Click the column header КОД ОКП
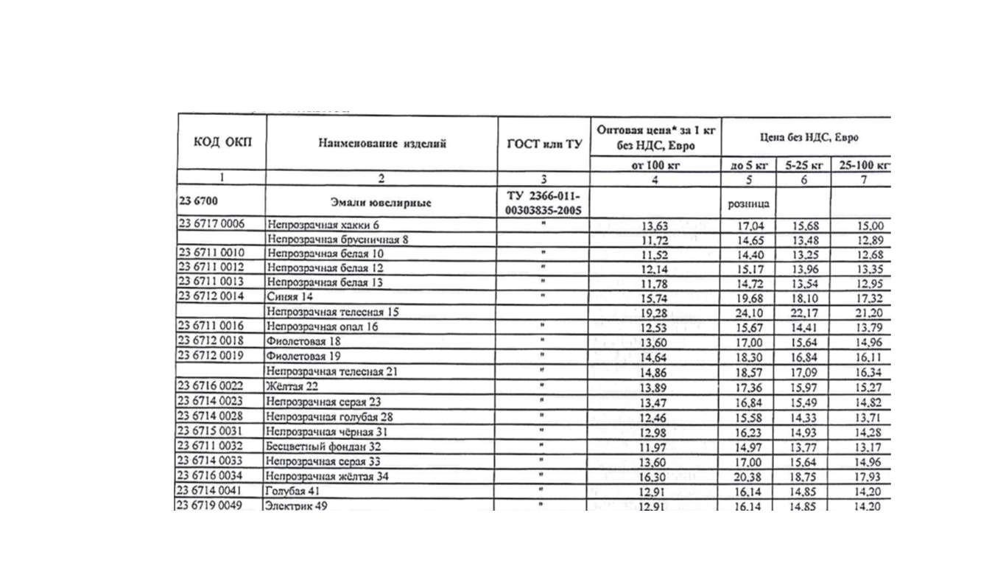point(222,143)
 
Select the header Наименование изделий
point(381,144)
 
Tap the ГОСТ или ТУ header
point(544,144)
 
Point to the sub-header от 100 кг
point(655,166)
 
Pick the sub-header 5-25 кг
point(803,166)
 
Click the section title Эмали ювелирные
point(381,202)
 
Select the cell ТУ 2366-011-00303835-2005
point(544,203)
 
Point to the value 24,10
point(750,312)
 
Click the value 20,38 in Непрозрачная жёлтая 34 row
point(750,477)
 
